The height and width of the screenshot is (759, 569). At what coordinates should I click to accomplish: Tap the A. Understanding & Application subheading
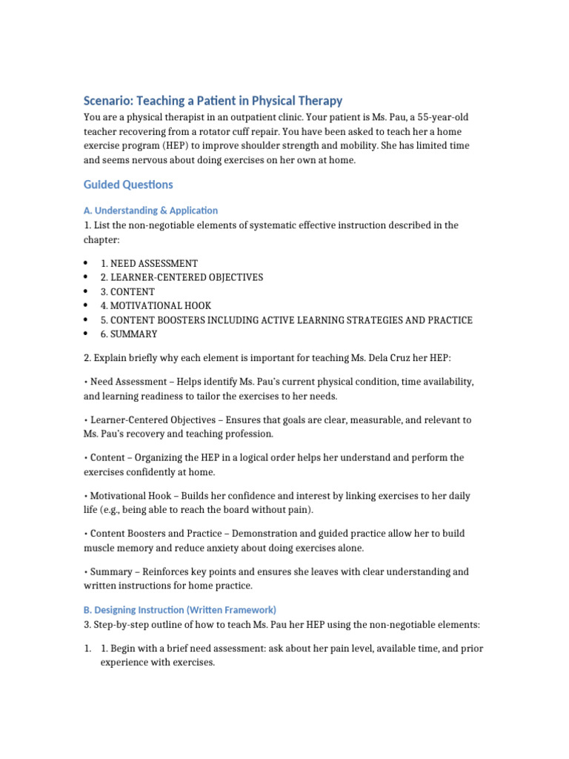(151, 211)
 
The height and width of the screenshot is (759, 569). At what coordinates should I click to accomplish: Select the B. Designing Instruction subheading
(180, 609)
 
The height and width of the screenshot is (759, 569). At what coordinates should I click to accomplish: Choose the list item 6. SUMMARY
(129, 334)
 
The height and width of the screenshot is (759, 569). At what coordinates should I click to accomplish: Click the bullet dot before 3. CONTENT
(87, 291)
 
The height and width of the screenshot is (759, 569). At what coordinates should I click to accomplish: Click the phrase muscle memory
(119, 548)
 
